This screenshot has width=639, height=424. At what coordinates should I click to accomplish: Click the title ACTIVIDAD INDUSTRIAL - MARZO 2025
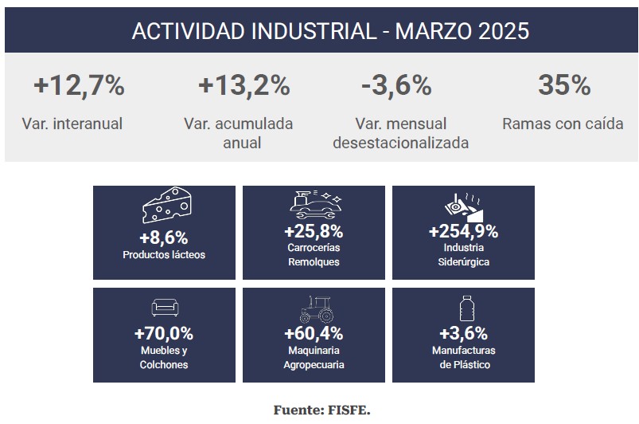330,31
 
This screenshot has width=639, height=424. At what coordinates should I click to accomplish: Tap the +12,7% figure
79,85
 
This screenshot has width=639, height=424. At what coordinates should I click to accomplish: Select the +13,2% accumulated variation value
244,85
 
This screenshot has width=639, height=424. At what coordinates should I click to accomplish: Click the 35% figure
563,85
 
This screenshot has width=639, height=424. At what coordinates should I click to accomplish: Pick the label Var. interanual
72,124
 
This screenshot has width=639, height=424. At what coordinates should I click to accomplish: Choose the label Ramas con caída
563,124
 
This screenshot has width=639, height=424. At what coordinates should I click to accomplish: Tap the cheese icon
166,207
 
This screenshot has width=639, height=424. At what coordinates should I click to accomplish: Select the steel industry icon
462,207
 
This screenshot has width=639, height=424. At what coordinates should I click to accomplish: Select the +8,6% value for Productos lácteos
163,237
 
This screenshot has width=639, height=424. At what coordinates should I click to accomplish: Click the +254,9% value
463,232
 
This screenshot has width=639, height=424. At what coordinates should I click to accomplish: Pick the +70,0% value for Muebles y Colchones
164,333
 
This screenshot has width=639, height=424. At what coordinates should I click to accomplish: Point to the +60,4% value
314,333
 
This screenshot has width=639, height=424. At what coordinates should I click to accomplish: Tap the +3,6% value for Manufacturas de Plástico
463,333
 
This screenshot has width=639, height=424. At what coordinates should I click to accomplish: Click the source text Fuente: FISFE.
321,410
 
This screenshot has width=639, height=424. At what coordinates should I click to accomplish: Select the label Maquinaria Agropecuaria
314,357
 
